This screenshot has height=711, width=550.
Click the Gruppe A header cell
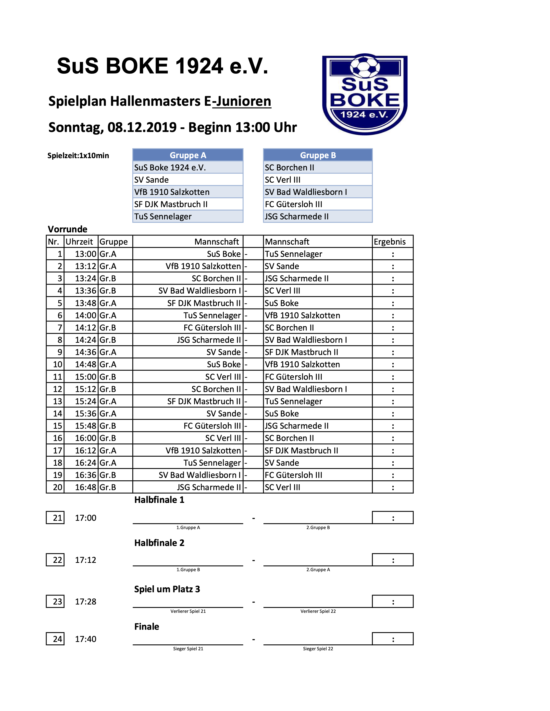[188, 155]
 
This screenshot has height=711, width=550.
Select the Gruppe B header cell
[318, 155]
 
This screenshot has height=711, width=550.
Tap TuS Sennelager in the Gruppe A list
[163, 216]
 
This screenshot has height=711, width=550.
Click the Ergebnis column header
[390, 242]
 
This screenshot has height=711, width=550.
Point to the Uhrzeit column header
[79, 242]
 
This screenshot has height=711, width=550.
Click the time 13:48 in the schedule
[85, 303]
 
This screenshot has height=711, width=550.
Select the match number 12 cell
[57, 389]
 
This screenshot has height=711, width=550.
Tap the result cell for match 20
[393, 487]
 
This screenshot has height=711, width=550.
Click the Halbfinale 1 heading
[159, 500]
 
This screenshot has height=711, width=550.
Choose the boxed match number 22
[57, 560]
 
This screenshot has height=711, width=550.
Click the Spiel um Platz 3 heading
[167, 589]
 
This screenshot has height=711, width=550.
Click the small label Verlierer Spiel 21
[188, 611]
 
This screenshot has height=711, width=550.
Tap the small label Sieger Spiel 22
[318, 649]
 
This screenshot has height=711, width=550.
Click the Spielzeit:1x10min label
[78, 156]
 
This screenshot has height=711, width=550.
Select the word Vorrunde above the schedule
[67, 229]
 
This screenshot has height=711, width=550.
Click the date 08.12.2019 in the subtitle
[142, 127]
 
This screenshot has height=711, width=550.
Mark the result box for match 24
[393, 639]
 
